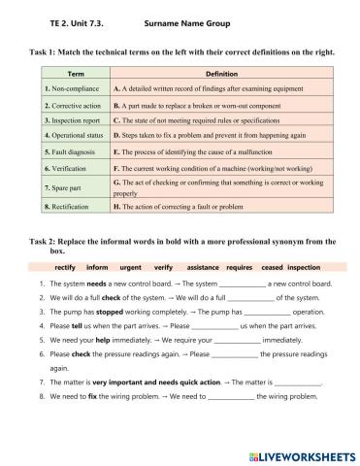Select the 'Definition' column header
pyautogui.click(x=222, y=74)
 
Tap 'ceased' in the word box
pyautogui.click(x=273, y=265)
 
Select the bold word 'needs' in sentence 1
pyautogui.click(x=95, y=283)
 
